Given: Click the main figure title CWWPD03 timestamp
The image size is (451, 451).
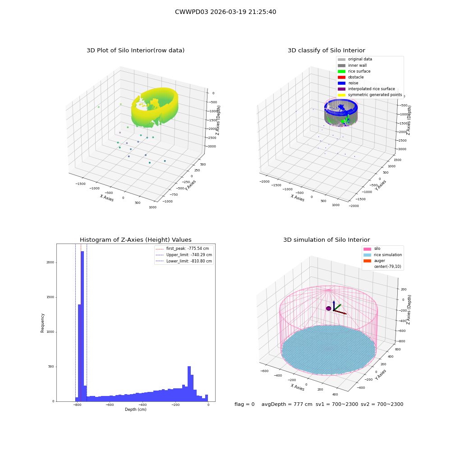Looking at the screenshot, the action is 225,12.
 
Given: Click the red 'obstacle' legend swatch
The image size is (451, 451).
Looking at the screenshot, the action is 341,77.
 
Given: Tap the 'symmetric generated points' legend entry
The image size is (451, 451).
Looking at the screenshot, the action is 370,95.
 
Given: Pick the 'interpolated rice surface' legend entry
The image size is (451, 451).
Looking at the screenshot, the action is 366,89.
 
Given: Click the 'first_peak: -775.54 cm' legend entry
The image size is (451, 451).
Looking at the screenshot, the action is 182,249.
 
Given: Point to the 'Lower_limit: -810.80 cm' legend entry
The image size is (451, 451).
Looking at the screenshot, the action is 184,261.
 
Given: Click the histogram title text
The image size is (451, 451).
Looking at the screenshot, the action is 135,239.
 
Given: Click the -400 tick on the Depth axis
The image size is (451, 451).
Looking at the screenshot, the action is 143,405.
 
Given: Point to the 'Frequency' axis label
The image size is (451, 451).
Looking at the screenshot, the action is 42,323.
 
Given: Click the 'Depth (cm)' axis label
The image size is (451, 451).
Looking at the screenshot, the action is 135,410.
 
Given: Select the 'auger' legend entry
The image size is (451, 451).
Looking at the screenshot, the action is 374,261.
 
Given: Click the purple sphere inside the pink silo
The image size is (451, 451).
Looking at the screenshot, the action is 329,308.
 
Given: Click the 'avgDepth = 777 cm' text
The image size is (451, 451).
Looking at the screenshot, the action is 287,404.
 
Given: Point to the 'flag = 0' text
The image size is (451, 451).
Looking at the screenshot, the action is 244,404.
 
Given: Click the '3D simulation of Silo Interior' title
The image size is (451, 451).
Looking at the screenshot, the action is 327,239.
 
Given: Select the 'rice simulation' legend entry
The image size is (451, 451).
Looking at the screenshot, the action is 382,255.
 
